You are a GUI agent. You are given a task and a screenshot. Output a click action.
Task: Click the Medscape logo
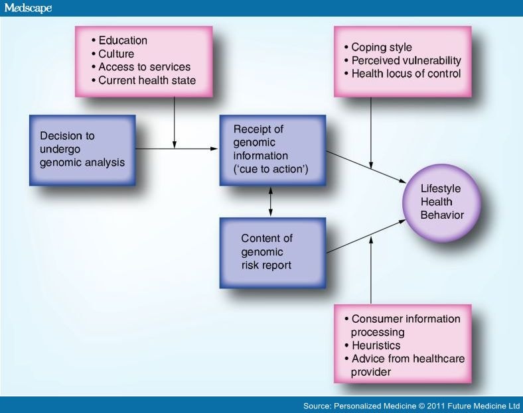(x=28, y=8)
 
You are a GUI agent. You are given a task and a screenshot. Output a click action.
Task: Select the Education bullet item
(x=119, y=40)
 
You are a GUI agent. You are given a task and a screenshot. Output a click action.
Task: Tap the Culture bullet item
(x=113, y=54)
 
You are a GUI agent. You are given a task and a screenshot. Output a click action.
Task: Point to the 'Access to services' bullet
(x=141, y=67)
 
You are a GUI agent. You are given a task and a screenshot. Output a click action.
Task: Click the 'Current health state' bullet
(x=144, y=80)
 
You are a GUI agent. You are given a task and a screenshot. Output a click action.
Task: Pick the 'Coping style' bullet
(x=378, y=47)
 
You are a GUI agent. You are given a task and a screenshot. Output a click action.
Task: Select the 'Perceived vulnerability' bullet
(x=403, y=60)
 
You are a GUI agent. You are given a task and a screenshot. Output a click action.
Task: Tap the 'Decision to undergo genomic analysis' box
(x=82, y=150)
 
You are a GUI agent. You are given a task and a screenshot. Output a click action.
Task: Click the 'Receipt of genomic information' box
(x=273, y=150)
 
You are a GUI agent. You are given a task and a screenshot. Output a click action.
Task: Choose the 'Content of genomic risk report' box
(x=273, y=253)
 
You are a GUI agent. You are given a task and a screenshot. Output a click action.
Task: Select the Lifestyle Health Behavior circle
(x=442, y=203)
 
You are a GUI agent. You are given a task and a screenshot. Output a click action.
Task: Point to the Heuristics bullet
(x=372, y=345)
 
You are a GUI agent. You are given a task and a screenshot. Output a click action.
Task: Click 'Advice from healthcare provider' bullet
(x=405, y=365)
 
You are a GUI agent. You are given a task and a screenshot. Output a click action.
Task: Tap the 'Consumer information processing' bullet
(x=403, y=325)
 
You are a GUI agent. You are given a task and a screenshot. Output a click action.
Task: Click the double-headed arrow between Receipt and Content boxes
(x=271, y=202)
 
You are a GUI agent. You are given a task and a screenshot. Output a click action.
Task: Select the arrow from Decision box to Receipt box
(x=177, y=148)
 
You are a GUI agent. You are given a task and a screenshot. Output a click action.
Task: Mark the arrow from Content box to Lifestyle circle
(x=366, y=237)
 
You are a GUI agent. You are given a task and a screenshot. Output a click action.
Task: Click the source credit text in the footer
(x=411, y=406)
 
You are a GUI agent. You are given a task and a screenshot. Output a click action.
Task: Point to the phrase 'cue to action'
(x=271, y=169)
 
